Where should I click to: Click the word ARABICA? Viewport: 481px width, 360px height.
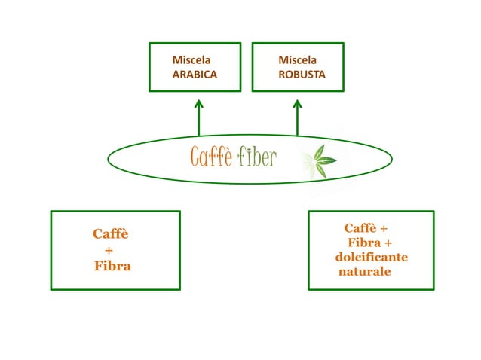[195, 75]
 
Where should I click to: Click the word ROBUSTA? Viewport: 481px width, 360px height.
[301, 75]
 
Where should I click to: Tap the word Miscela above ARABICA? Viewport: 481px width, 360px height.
[191, 59]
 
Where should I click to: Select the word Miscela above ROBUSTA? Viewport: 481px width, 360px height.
[297, 59]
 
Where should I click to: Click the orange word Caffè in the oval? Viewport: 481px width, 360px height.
[211, 157]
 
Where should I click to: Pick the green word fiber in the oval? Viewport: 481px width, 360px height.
[257, 157]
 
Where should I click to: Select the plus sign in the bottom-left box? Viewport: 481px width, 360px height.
[109, 250]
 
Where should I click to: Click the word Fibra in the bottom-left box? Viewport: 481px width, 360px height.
[112, 266]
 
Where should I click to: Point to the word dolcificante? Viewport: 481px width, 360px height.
[372, 257]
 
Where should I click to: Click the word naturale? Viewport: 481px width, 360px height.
[365, 271]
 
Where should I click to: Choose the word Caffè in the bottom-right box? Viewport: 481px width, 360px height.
[360, 228]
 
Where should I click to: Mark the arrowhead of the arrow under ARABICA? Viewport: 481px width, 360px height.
[199, 103]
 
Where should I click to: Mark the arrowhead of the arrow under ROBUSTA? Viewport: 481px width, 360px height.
[297, 103]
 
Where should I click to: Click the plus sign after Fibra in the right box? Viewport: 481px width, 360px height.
[388, 243]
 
